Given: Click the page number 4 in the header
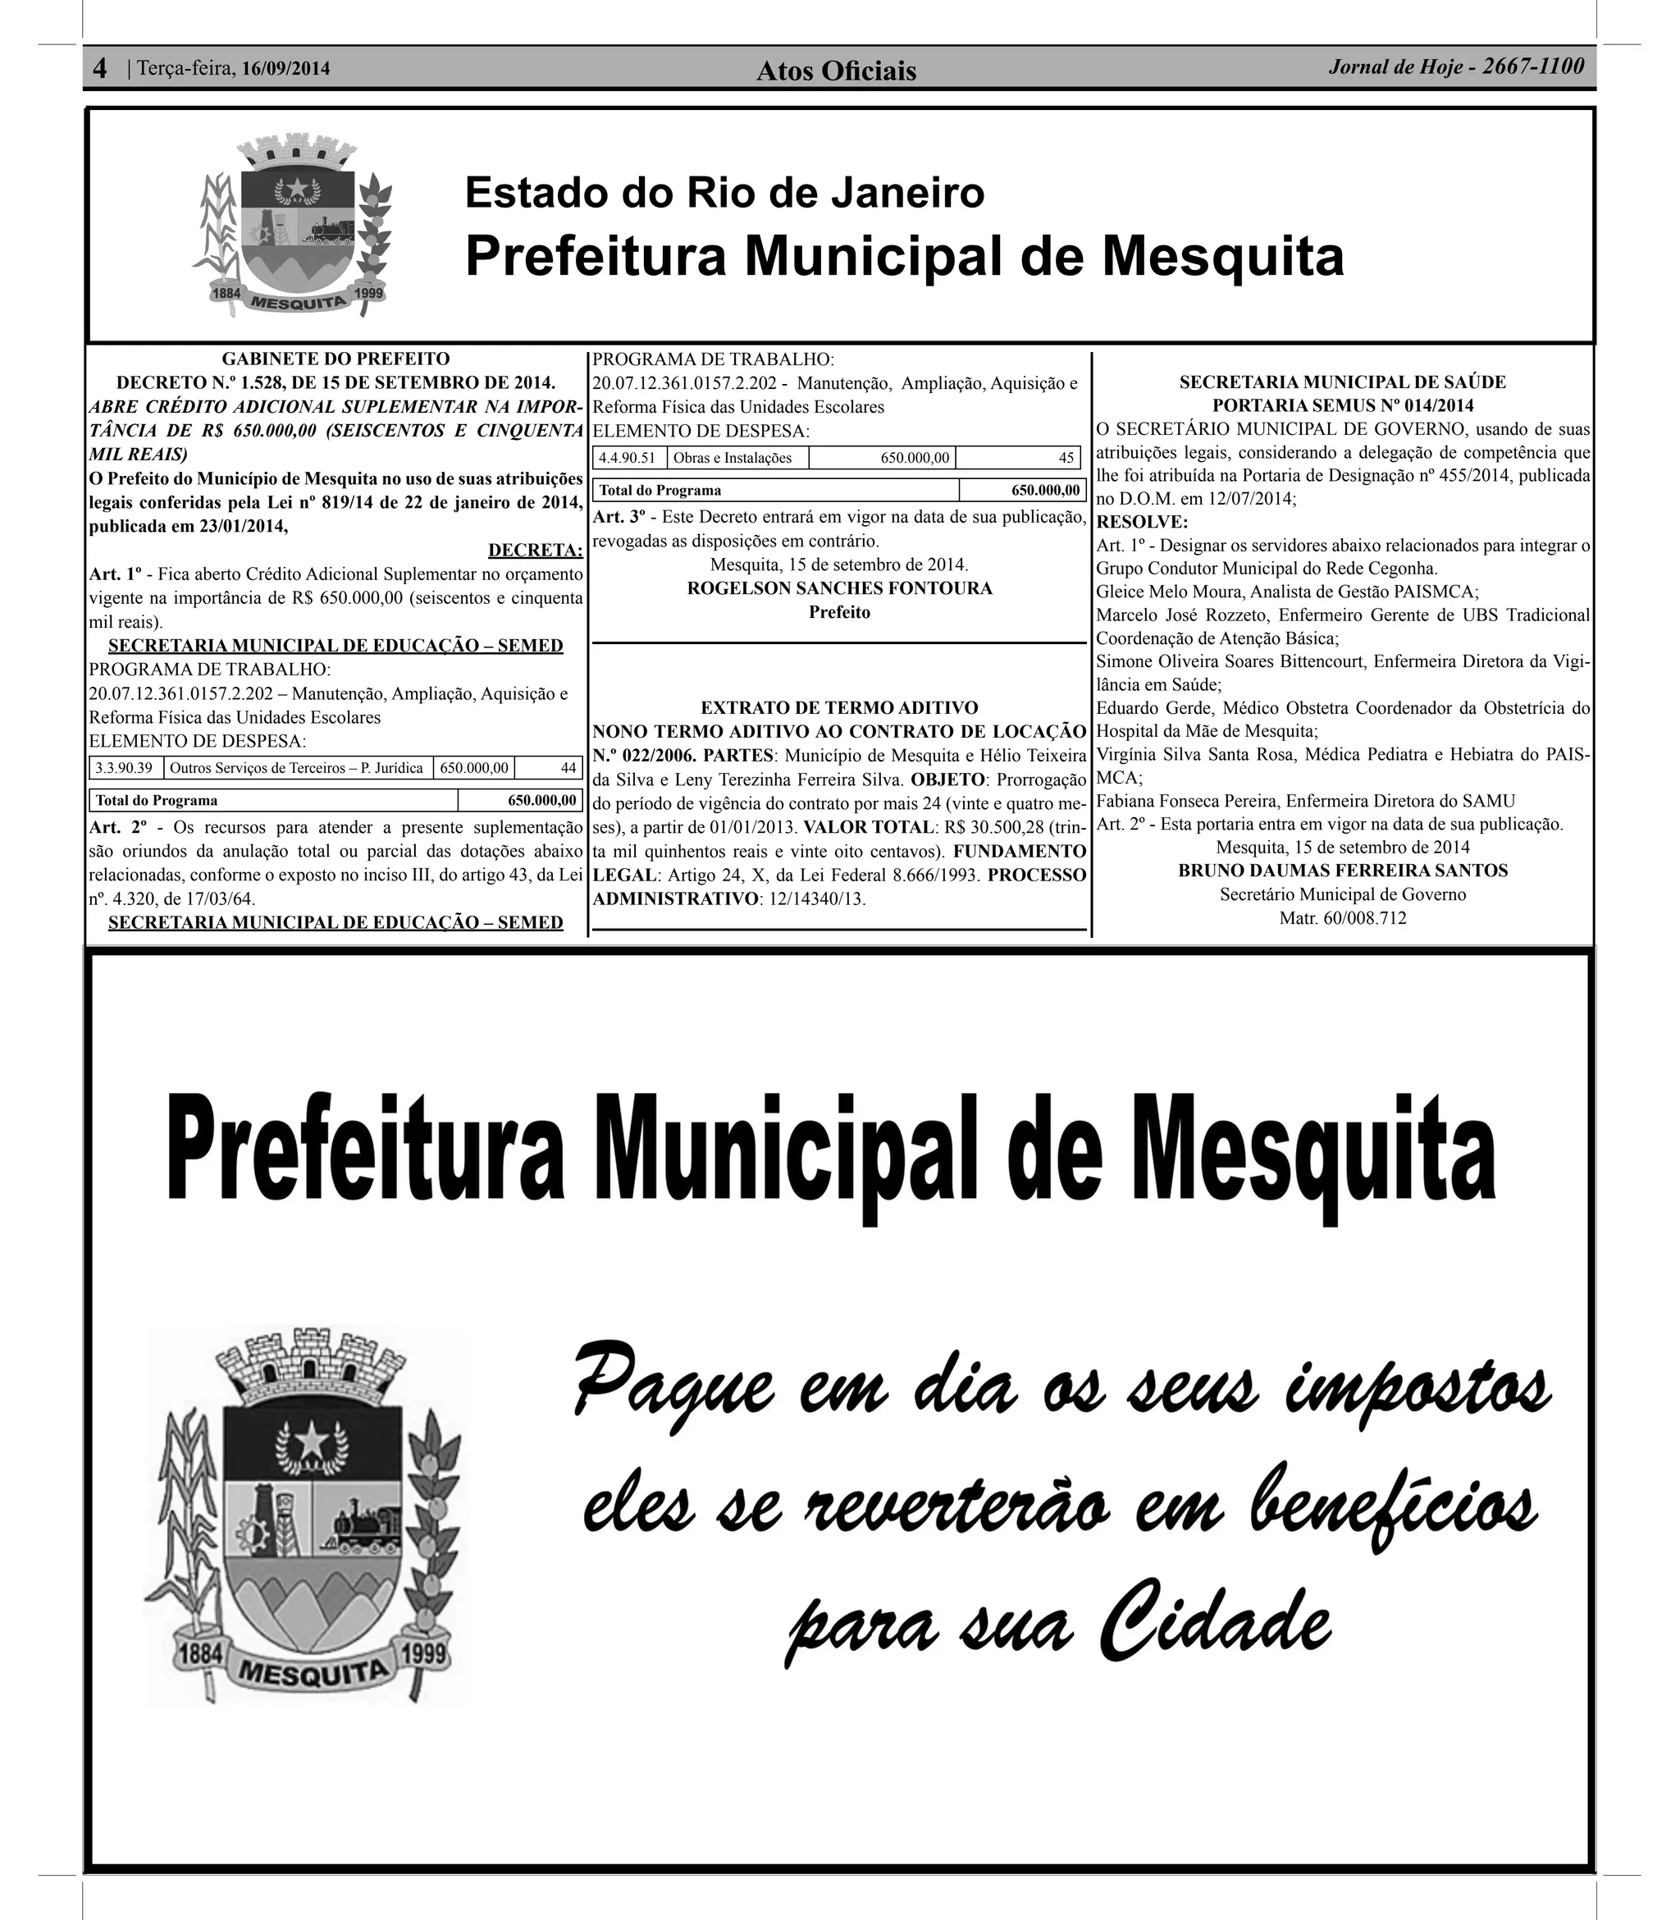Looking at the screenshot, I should coord(100,68).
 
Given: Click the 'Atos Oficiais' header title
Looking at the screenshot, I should coord(836,71).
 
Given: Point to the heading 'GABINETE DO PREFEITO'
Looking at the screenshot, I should coord(336,359).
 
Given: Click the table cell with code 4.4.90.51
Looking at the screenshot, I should coord(628,459).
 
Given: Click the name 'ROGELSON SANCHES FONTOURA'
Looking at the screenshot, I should coord(839,589).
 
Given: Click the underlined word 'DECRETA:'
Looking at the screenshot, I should coord(536,551).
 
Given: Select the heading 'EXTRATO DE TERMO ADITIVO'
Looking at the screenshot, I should coord(839,708).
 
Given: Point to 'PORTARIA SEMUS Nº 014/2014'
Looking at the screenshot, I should coord(1343,406).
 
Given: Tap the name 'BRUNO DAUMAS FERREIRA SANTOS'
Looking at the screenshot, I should coord(1343,871).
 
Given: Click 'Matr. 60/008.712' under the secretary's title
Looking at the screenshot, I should coord(1343,919).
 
